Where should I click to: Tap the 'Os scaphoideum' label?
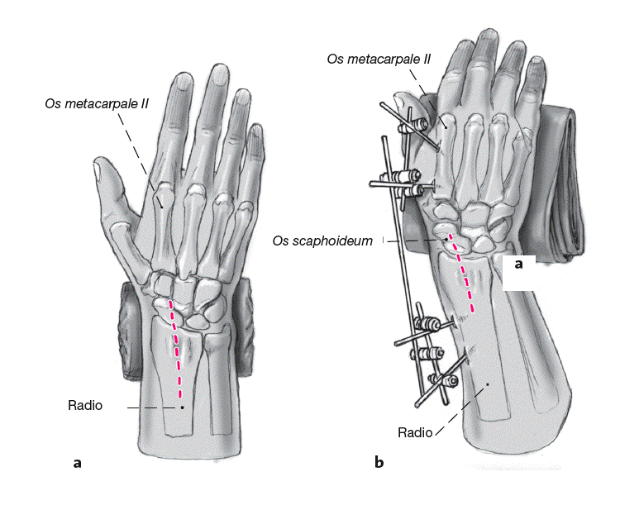click(323, 241)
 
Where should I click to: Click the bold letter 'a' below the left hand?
click(77, 463)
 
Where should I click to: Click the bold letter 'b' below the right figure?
click(379, 463)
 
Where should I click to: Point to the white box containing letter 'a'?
click(519, 272)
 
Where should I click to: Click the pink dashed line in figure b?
click(463, 281)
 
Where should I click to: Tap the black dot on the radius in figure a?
click(182, 407)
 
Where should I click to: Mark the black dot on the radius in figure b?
click(488, 384)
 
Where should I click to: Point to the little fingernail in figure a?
click(257, 134)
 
